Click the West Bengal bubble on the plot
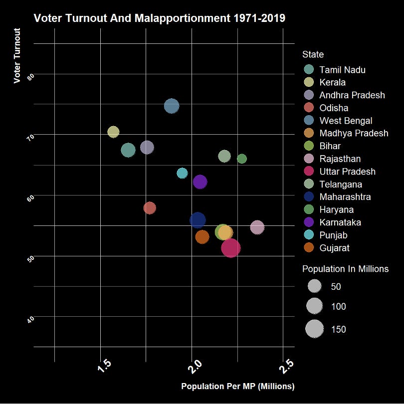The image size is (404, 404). (172, 106)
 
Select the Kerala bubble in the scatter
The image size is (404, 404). (113, 132)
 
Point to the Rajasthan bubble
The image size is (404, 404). (257, 227)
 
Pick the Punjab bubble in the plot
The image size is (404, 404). (182, 173)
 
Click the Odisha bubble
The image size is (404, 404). (150, 207)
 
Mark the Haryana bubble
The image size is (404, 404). (242, 159)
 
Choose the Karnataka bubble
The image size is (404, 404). (200, 182)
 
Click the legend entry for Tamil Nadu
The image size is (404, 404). (342, 70)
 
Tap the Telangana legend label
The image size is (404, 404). (341, 184)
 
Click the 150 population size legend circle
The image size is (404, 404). (314, 329)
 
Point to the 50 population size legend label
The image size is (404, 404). (336, 287)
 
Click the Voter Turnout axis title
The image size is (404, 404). (17, 56)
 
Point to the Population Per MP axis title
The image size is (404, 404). (238, 387)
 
